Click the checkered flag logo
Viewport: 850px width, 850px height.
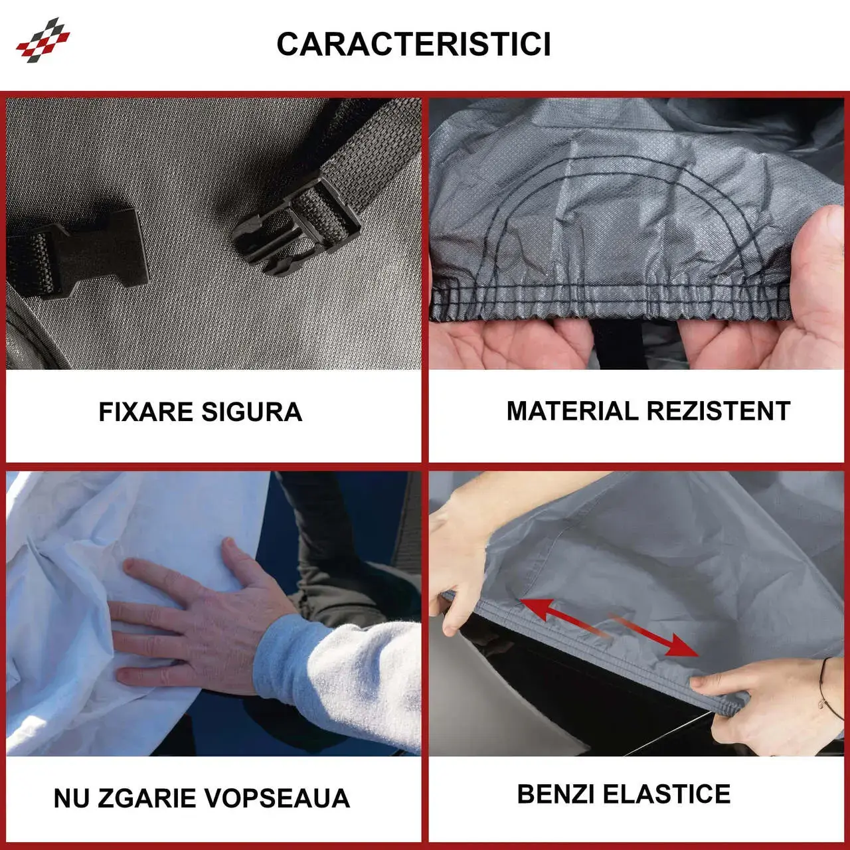pyautogui.click(x=42, y=40)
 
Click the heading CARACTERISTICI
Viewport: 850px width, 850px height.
pyautogui.click(x=414, y=44)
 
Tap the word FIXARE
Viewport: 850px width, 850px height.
pyautogui.click(x=146, y=412)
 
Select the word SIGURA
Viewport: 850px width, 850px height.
pyautogui.click(x=252, y=412)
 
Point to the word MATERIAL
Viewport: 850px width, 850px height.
pyautogui.click(x=572, y=411)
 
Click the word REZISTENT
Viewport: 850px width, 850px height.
pyautogui.click(x=719, y=411)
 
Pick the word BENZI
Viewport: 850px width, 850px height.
pyautogui.click(x=556, y=794)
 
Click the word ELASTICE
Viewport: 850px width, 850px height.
pyautogui.click(x=667, y=794)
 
